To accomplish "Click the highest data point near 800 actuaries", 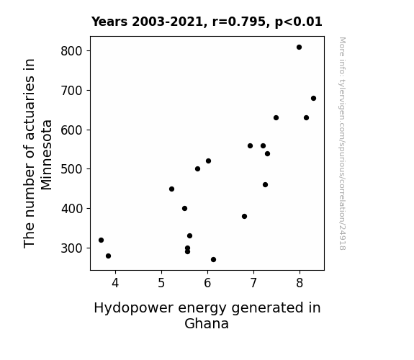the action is point(299,48).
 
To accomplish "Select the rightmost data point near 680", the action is point(313,98).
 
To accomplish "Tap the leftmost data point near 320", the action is point(101,240).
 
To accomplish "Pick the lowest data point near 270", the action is point(213,260).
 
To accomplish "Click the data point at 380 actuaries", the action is point(244,216).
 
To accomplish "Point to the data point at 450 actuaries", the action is point(171,189).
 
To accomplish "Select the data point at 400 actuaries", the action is point(184,208).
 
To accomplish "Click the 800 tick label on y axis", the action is point(71,51).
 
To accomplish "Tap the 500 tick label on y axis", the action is point(71,169).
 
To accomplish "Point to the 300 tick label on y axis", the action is point(71,248).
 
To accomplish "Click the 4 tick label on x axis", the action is point(115,283).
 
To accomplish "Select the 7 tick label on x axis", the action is point(253,283).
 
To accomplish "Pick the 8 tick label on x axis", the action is point(300,283).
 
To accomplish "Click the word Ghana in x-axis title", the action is point(207,323).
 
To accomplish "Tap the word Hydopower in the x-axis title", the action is point(134,308).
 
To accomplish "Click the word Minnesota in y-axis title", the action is point(47,155).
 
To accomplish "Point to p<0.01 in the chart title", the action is point(298,22).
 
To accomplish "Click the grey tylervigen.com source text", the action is point(342,143).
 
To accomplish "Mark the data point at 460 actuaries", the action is point(265,184).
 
